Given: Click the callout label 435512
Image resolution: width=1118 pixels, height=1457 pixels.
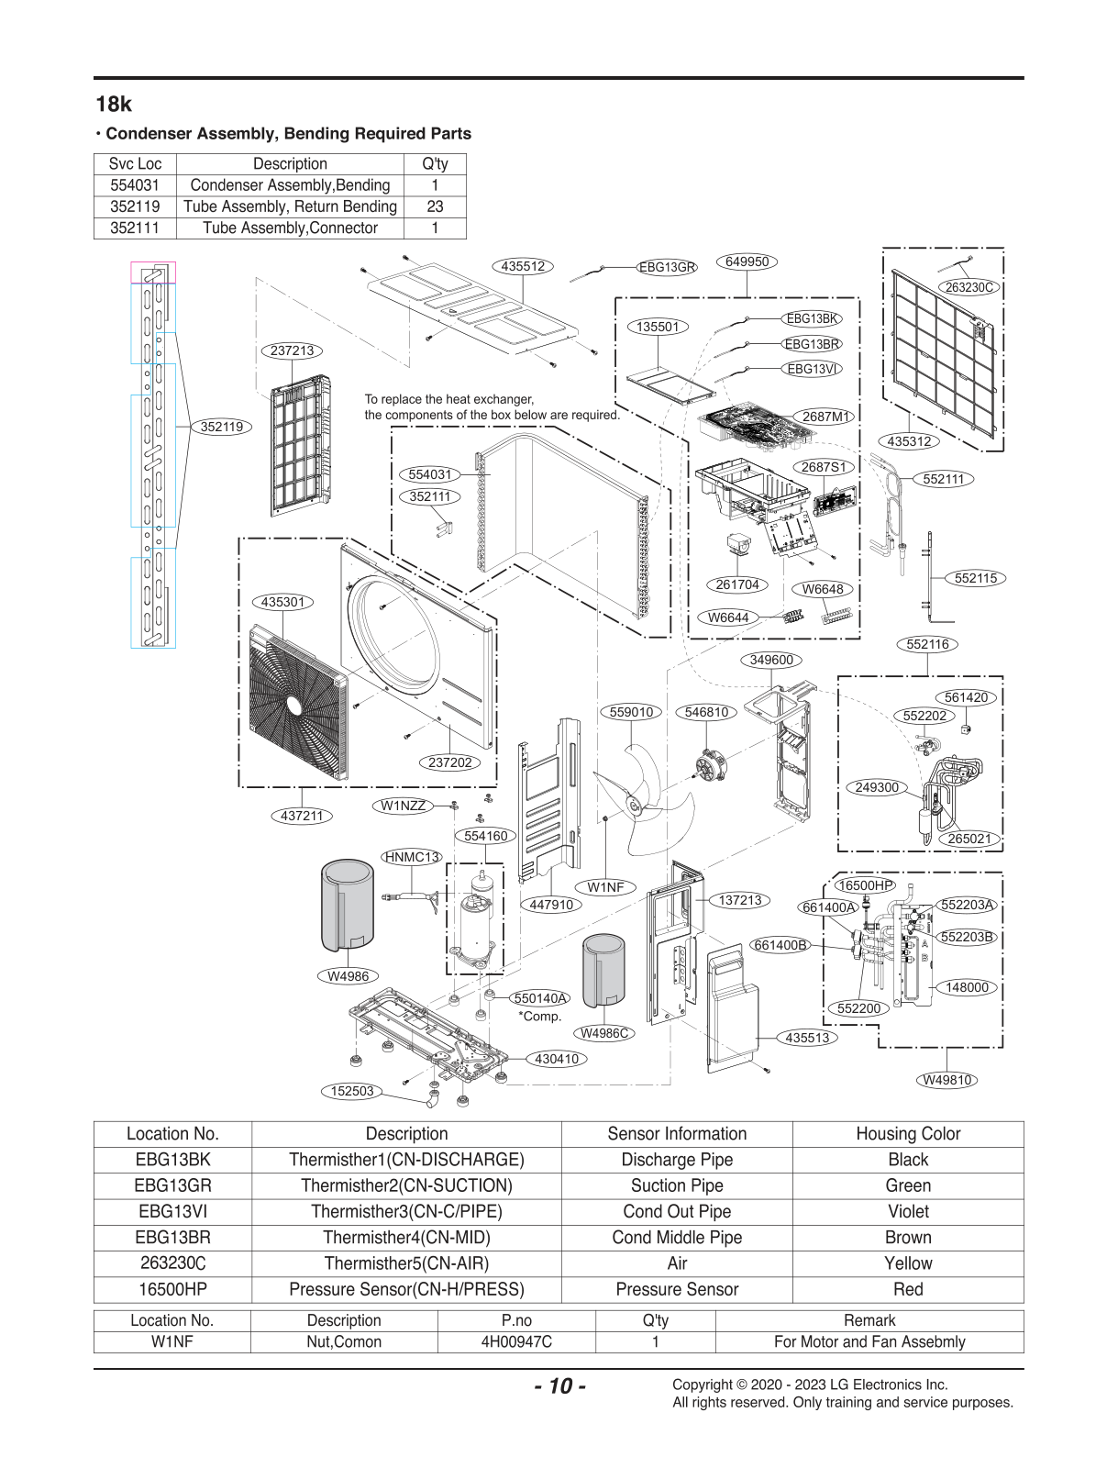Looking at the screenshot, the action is point(523,266).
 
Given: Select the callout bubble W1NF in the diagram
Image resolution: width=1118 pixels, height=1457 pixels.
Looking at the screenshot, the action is point(605,887).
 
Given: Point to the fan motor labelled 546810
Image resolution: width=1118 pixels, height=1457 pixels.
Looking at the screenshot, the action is point(708,764).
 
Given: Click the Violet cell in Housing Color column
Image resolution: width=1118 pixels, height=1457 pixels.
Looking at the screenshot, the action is point(908,1211).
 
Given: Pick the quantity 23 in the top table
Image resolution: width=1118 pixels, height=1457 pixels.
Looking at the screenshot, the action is point(435,206).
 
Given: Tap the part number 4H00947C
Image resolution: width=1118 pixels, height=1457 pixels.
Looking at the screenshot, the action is point(516,1341).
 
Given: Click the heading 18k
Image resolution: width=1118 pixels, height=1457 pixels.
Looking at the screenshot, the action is point(114,104).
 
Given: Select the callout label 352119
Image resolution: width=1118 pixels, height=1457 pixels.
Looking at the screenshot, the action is point(221,427).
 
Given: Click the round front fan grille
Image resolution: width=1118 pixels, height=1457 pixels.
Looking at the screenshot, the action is point(298,704).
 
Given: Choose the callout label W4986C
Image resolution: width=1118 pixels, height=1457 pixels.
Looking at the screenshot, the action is point(603,1033).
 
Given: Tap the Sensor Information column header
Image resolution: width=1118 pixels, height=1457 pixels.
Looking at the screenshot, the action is point(677,1133).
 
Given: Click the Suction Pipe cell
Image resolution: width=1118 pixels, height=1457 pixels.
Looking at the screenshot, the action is point(677,1185).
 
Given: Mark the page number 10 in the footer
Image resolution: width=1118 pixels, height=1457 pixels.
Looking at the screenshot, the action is point(560,1385).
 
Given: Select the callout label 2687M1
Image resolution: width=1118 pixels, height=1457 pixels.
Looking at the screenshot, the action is point(825,417).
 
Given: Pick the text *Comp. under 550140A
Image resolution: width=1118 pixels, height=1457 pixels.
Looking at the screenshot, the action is point(539,1016).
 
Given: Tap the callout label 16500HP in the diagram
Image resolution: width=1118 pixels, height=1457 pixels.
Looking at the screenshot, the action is point(865,885).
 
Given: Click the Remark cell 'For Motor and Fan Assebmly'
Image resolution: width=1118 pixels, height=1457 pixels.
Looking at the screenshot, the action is point(869,1341).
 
